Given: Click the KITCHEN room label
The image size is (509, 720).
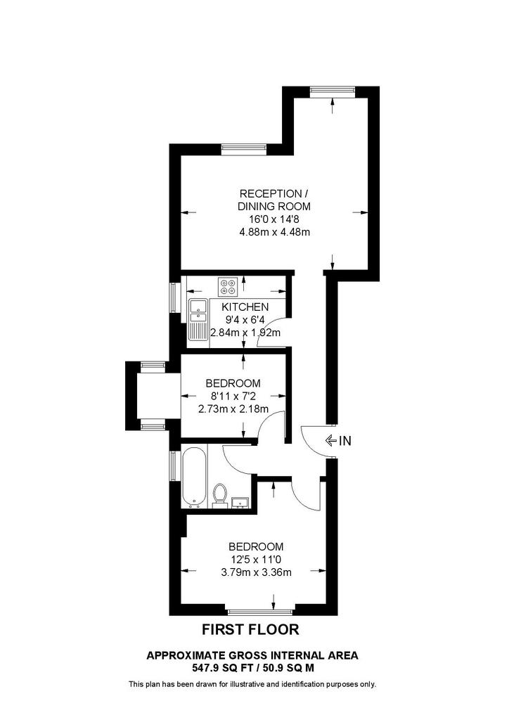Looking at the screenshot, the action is pos(245,307).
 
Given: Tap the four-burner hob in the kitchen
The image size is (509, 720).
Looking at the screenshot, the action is pos(228,287).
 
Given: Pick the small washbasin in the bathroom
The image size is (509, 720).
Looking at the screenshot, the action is pos(240,503).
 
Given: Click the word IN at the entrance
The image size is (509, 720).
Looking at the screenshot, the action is pos(345,441).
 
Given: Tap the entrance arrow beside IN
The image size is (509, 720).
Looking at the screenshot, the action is pos(330,441).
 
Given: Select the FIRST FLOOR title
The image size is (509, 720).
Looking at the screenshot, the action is pos(250,629).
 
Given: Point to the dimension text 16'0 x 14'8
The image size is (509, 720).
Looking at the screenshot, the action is pos(273,219).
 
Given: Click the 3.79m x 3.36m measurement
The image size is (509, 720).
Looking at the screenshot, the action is pos(257,572).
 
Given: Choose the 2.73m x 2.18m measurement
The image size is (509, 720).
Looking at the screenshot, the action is pos(233,409).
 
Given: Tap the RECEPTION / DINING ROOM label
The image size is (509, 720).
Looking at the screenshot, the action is pos(274,200).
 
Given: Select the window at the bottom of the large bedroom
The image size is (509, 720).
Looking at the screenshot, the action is pos(260,612).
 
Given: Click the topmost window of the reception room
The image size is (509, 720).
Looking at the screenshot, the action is pos(333,91).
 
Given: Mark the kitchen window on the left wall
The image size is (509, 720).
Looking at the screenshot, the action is pos(174,297).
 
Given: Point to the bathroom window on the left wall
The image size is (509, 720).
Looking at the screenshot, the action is pos(174,465).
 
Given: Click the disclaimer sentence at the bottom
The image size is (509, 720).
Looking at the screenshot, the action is pos(252,685).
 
